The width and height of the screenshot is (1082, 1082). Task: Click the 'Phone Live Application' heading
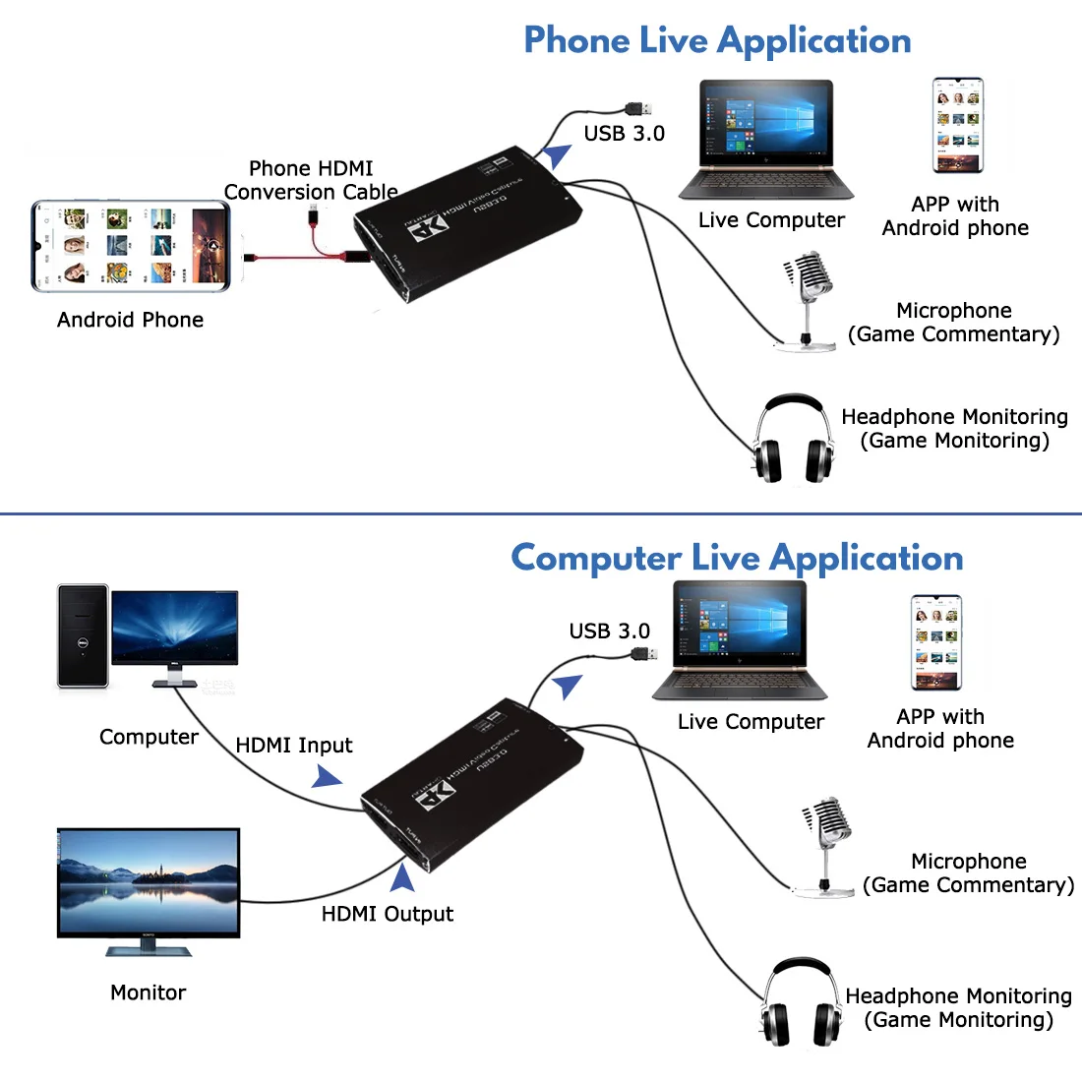coord(717,40)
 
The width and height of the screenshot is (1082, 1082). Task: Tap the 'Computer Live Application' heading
coord(737,558)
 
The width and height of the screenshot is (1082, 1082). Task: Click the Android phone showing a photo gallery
coord(131,246)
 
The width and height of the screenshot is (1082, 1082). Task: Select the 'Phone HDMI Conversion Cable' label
coord(311,180)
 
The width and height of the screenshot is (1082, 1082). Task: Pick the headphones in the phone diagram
coord(793,440)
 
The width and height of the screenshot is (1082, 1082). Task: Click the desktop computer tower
coord(83,635)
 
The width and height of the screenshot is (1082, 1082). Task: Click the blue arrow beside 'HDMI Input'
coord(327,778)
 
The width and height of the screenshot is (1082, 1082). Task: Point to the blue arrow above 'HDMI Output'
coord(402,877)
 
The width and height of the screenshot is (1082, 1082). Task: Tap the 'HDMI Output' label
coord(388,914)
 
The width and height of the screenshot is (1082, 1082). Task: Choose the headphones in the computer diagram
coord(801,1003)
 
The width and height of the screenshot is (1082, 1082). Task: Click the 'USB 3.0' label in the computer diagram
coord(609,631)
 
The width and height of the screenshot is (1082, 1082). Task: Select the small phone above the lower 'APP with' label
coord(935,642)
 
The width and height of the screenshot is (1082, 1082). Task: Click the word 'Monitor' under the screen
coord(148,992)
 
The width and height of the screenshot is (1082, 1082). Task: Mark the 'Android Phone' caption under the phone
coord(130,320)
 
